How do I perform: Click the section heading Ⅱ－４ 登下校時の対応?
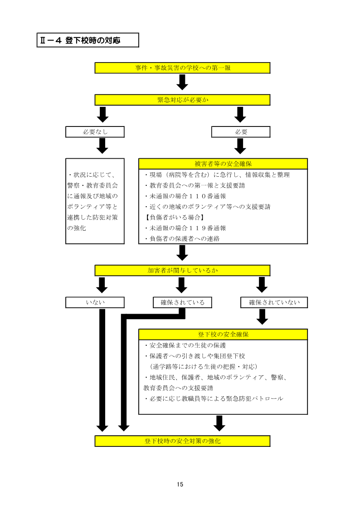coord(88,40)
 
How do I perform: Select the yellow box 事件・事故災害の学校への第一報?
coord(182,68)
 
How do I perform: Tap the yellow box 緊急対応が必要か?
coord(182,100)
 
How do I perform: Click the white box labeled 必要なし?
coord(95,132)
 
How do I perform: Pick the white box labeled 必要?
coord(241,132)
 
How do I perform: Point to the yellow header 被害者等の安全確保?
coord(223,164)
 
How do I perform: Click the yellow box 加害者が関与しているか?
coord(182,271)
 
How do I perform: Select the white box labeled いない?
coord(95,302)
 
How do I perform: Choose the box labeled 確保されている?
coord(182,302)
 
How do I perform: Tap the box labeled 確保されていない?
coord(274,302)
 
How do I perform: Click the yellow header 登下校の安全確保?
coord(223,334)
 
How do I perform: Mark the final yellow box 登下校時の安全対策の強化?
coord(182,441)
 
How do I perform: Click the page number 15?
coord(180,485)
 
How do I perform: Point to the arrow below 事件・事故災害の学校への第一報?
coord(182,82)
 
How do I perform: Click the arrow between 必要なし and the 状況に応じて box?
coord(102,145)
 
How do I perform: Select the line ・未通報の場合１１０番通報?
coord(185,196)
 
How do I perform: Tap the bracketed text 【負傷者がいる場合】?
coord(172,218)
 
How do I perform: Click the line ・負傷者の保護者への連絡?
coord(182,238)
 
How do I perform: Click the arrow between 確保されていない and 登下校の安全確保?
coord(262,316)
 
